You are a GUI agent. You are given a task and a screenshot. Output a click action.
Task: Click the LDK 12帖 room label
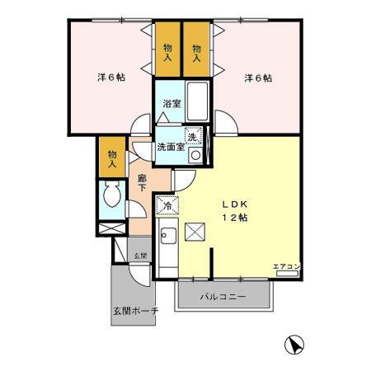pos(233,209)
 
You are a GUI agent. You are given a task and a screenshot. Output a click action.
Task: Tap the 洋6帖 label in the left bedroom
pos(110,78)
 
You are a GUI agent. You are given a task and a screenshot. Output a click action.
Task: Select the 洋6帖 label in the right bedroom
pos(257,78)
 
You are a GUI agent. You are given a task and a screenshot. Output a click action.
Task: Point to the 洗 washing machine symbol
pos(194,137)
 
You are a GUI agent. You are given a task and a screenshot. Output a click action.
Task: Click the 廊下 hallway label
pos(142,182)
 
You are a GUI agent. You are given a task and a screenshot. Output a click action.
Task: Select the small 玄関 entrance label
pos(141,256)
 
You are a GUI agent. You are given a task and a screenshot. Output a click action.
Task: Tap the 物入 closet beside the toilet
pos(110,157)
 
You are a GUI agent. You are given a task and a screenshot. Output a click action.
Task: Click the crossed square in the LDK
pos(195,232)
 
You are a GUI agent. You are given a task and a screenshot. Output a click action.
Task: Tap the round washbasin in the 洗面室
pos(195,155)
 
